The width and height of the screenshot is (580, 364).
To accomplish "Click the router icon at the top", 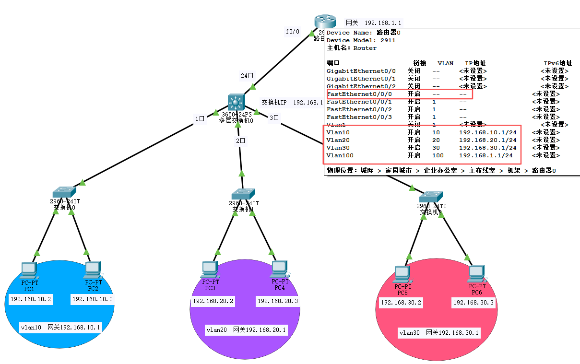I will coord(320,22).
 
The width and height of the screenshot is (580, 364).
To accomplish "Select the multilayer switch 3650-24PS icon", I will coord(236,102).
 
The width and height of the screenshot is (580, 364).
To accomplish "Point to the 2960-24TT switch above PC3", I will coord(243,194).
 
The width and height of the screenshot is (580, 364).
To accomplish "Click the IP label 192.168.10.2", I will coord(31,299).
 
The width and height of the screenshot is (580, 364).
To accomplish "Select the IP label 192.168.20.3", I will coord(278,301).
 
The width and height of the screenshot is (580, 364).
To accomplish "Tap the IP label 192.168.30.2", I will coord(401,303).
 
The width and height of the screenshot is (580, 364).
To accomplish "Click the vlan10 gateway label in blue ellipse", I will coord(60,328).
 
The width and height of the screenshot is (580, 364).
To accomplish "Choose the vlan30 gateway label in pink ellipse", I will coord(439,332).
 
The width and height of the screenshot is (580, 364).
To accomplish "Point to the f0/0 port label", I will coord(292,32).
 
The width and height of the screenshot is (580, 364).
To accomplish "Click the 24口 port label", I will coord(248,76).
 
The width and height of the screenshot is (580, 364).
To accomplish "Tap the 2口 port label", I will coord(241,141).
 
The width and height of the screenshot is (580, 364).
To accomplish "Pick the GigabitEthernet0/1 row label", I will coord(361,79).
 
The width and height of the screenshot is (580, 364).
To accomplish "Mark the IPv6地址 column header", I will coord(557,63).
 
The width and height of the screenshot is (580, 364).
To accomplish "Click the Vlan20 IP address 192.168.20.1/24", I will coord(487,140).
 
